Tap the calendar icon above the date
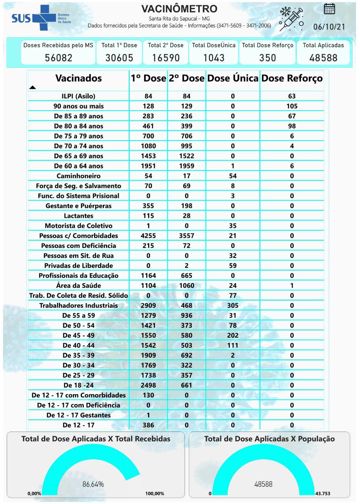click(x=329, y=9)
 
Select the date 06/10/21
click(x=329, y=27)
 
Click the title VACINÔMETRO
click(x=179, y=9)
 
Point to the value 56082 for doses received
click(x=58, y=57)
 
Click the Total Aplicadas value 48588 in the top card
click(x=323, y=57)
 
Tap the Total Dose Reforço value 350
click(x=267, y=57)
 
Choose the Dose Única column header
click(x=233, y=78)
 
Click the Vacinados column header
click(x=78, y=78)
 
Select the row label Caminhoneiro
click(x=78, y=176)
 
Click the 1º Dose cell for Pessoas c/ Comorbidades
click(x=148, y=235)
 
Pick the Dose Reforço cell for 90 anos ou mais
click(x=292, y=106)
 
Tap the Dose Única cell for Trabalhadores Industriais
click(x=233, y=305)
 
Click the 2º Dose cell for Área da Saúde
click(x=187, y=285)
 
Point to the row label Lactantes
click(x=78, y=216)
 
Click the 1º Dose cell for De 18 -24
click(x=148, y=385)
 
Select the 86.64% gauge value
click(x=93, y=484)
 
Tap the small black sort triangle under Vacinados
click(x=33, y=87)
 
